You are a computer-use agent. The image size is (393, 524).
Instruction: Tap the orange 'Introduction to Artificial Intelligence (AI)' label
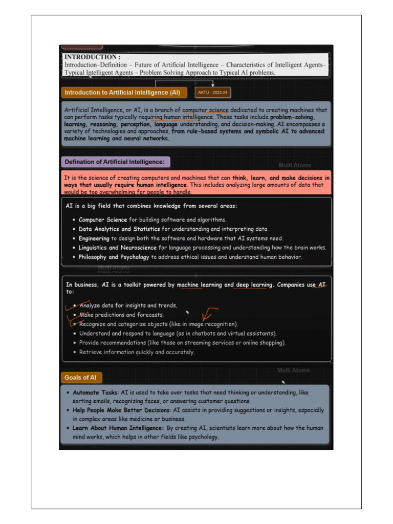(x=122, y=93)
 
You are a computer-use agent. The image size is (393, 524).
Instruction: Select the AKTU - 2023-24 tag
(x=213, y=93)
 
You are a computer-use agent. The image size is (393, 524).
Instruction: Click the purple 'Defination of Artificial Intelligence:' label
(x=115, y=162)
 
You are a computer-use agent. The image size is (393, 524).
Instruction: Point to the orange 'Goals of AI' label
(x=80, y=378)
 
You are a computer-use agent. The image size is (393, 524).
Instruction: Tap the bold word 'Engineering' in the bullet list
(x=94, y=238)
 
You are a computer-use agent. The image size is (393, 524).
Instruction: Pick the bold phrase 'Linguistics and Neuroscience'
(x=118, y=248)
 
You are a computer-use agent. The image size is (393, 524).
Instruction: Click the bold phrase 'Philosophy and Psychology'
(x=114, y=257)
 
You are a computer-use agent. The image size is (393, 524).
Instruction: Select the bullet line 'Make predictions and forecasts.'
(x=121, y=315)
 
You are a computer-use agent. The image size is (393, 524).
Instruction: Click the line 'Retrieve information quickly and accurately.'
(x=137, y=352)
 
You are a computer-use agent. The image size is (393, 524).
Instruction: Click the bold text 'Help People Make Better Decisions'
(x=121, y=410)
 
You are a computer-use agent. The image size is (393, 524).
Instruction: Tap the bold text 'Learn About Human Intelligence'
(x=118, y=428)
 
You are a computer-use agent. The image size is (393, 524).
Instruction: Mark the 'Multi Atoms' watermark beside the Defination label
(x=295, y=165)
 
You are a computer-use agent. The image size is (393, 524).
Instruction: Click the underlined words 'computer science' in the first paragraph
(x=206, y=110)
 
